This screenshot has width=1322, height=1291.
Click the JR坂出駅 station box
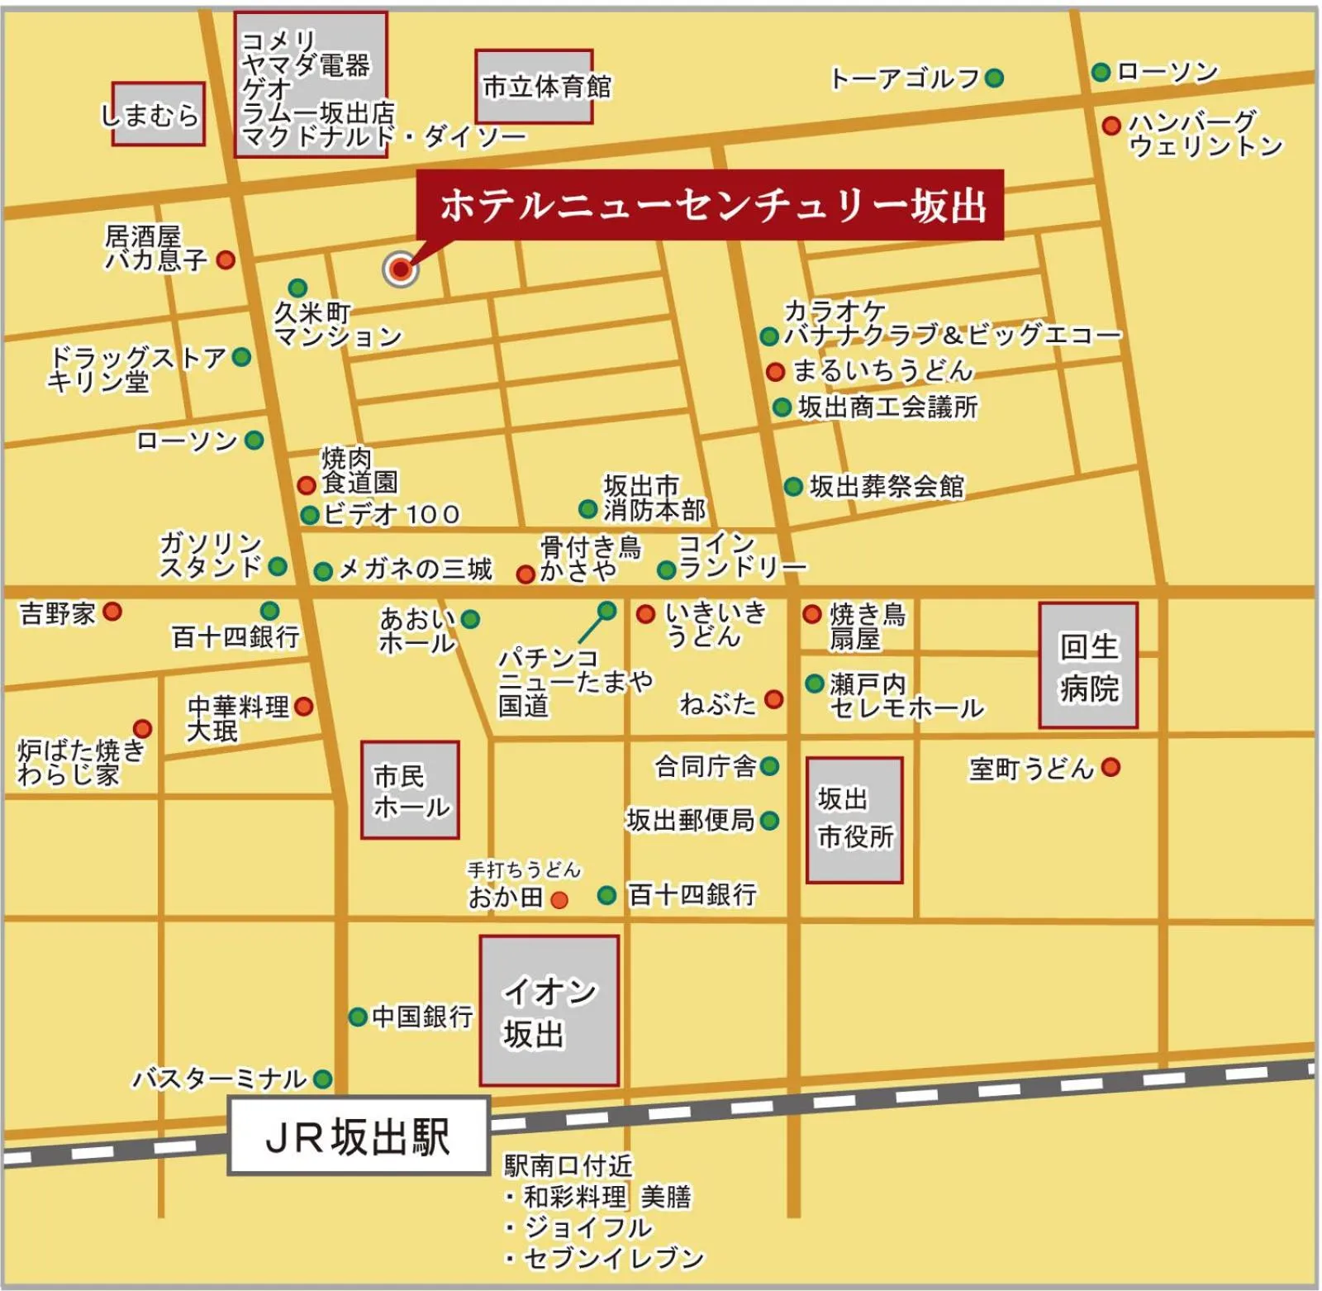coord(358,1136)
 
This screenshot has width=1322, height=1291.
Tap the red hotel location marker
coord(401,269)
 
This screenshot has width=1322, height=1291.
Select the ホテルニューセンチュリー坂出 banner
coord(711,205)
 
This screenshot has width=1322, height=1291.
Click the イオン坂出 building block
coord(549,1011)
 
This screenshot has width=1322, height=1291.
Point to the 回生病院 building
coord(1088,665)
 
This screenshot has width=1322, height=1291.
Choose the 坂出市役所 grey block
coord(854,820)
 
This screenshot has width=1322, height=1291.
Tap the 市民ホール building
coord(410,790)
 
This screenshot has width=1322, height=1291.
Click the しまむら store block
coord(158,114)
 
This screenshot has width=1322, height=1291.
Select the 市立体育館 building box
coord(535,87)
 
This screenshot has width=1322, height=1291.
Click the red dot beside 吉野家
coord(113,612)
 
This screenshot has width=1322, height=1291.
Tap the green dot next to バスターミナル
coord(322,1079)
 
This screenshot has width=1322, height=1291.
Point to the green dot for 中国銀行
coord(358,1017)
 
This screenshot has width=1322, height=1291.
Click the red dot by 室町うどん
coord(1110,767)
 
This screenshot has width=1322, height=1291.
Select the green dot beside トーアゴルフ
coord(994,78)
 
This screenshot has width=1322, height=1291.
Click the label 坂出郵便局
coord(690,820)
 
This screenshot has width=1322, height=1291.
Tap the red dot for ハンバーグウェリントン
coord(1111,125)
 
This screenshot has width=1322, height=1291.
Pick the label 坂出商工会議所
coord(887,407)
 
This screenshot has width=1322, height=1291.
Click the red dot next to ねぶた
coord(773,700)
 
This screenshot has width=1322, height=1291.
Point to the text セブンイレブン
coord(613,1258)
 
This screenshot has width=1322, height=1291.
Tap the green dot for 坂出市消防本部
coord(587,508)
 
